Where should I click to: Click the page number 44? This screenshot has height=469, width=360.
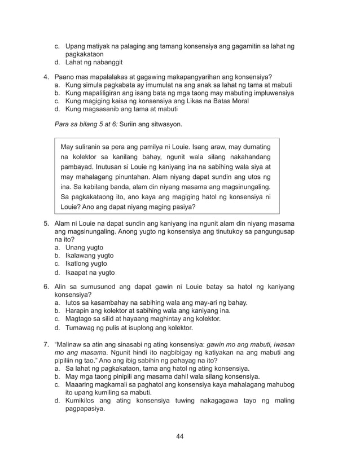pos(180,436)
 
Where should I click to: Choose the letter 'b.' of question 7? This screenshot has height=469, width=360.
pos(58,376)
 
